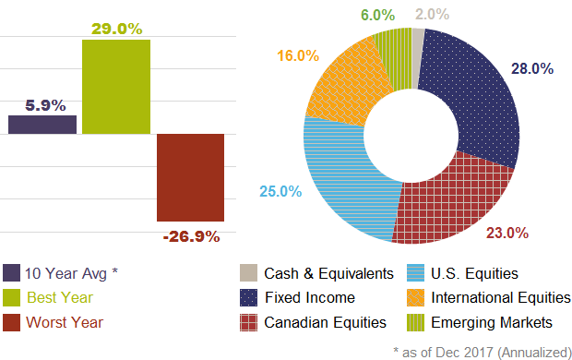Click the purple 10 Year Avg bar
coord(42,124)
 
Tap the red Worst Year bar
coord(191,177)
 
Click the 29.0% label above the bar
coord(116,29)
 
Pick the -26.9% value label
coord(191,236)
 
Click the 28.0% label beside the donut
coord(531,68)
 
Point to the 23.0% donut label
coord(506,233)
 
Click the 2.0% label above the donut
coord(432,14)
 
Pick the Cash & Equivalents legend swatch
coord(248,274)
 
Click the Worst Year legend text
coord(65,323)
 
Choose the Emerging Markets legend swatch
coord(416,323)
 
